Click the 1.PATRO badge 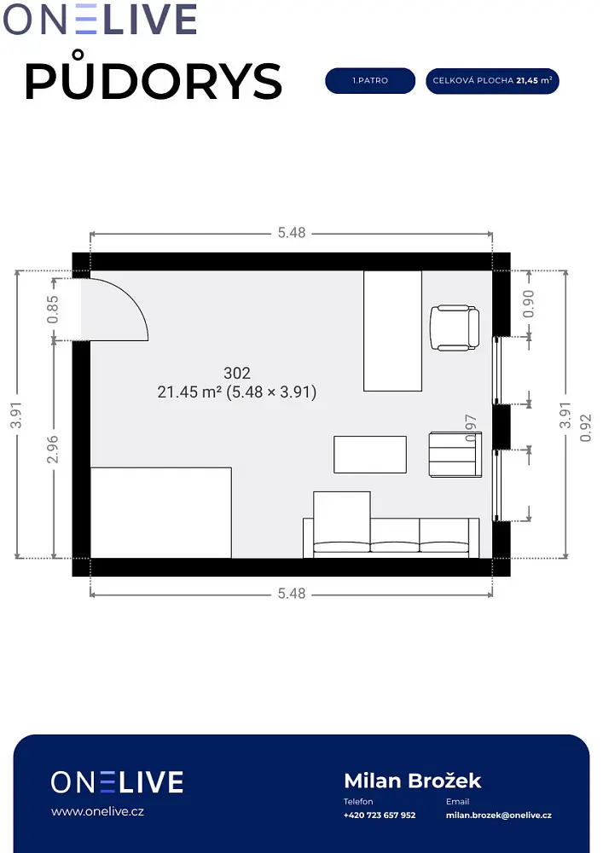tap(370, 80)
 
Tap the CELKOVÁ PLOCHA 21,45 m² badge tap(492, 81)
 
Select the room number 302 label tap(237, 374)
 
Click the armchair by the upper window tap(455, 328)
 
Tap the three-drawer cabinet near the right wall tap(455, 455)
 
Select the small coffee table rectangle tap(370, 455)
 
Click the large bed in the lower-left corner tap(161, 513)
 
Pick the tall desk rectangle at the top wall tap(392, 331)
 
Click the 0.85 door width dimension tap(53, 309)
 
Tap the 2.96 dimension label tap(53, 450)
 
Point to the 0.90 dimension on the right tap(528, 304)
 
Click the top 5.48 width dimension tap(292, 233)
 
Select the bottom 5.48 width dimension tap(292, 594)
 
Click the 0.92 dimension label tap(585, 428)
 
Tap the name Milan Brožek tap(413, 780)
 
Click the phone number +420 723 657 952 tap(380, 815)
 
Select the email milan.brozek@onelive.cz tap(499, 815)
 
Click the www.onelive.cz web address tap(97, 812)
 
